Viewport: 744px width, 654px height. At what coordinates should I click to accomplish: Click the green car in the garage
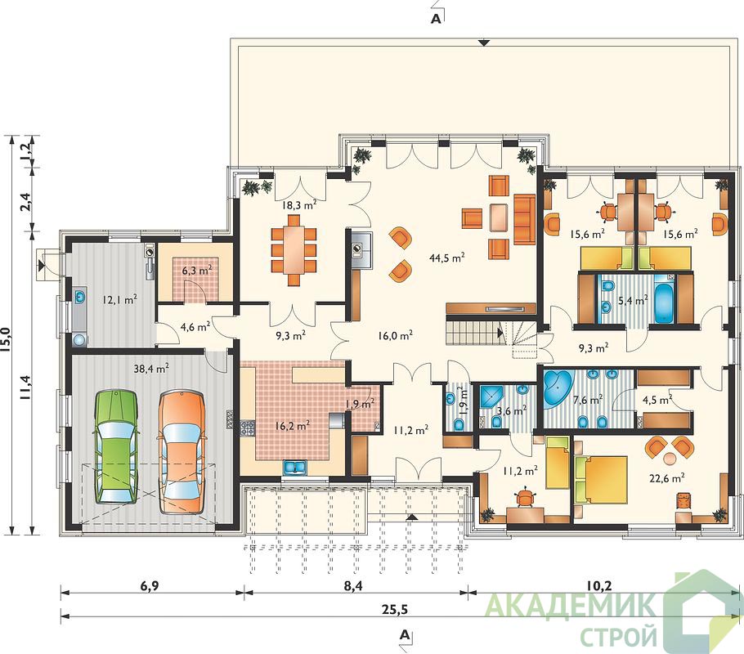point(116,446)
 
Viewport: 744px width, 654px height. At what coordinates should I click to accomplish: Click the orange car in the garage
point(182,452)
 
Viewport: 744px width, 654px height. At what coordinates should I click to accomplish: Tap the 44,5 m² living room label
point(446,258)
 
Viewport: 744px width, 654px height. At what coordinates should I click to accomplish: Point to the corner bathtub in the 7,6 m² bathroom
point(558,387)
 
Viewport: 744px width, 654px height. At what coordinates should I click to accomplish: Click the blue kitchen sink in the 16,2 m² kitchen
point(295,468)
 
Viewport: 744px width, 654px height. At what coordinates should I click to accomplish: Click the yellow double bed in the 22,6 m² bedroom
point(600,479)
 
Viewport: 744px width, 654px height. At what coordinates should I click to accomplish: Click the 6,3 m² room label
point(196,271)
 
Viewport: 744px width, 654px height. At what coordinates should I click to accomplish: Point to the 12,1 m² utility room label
point(119,299)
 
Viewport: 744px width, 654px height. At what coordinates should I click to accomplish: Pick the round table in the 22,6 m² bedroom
point(670,459)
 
